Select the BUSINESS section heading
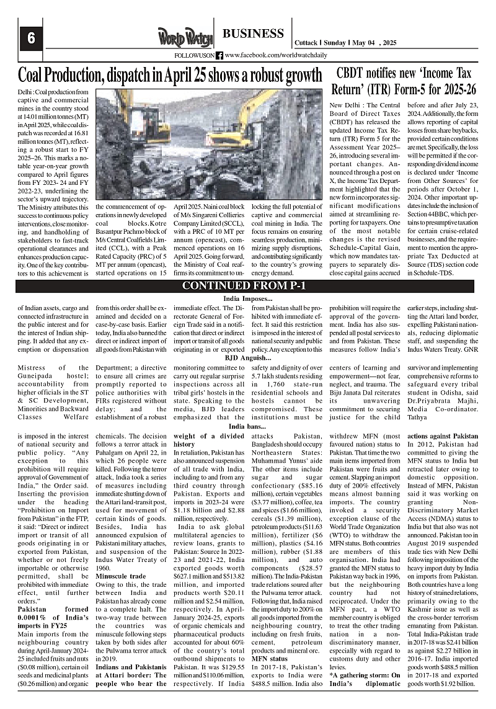pos(253,33)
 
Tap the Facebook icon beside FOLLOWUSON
pos(219,56)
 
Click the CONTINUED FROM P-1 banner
pos(248,286)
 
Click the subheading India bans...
pos(248,427)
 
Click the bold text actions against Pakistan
pos(443,436)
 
